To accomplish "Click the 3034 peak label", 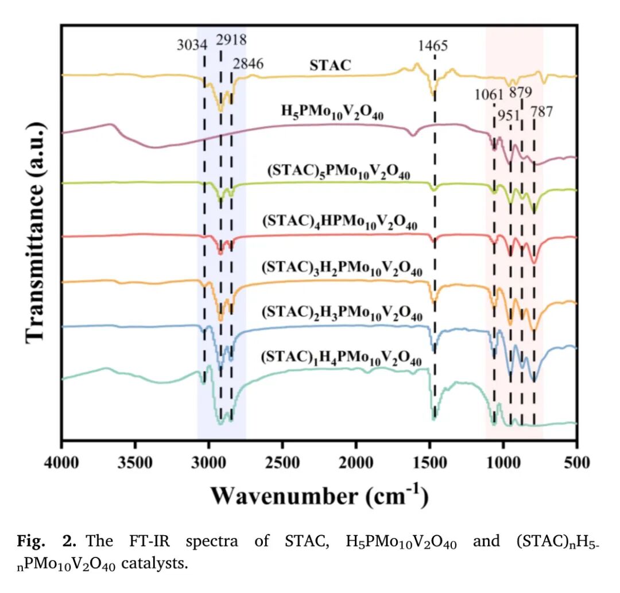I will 192,44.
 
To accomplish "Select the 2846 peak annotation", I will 248,64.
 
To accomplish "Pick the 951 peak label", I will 509,114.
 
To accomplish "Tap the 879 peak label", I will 521,92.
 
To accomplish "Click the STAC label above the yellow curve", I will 330,65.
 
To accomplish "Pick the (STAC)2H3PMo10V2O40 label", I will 342,313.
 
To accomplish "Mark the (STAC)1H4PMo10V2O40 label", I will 341,358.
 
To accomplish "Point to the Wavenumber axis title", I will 319,494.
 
